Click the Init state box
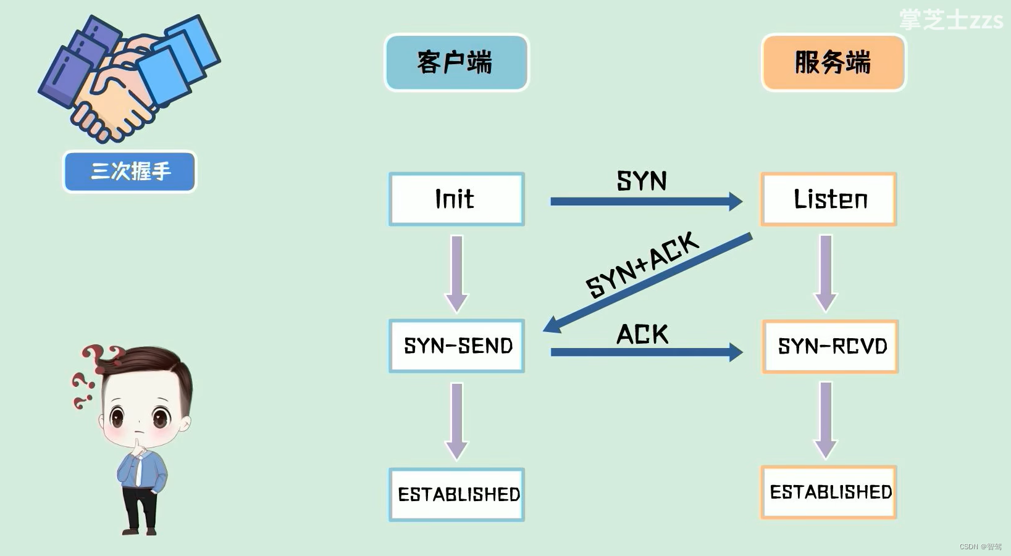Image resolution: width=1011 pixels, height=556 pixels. click(x=456, y=199)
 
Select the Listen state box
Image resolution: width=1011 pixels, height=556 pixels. click(x=828, y=199)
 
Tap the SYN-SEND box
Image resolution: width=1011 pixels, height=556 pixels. click(x=456, y=346)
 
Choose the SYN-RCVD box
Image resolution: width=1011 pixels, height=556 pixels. click(x=830, y=346)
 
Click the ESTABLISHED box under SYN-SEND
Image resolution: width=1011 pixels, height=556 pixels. click(x=456, y=494)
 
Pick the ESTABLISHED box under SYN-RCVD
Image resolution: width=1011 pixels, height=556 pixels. click(x=829, y=492)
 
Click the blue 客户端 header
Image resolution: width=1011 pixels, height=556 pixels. click(x=456, y=62)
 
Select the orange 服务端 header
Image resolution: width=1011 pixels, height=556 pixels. click(x=833, y=62)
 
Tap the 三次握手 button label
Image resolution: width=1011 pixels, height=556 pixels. click(x=130, y=171)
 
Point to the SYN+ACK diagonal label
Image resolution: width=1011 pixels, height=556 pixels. click(x=642, y=265)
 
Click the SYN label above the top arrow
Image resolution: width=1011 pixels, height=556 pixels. click(x=642, y=181)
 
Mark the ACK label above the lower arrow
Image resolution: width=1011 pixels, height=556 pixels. click(x=642, y=334)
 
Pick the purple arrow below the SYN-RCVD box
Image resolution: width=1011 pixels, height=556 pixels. click(x=826, y=420)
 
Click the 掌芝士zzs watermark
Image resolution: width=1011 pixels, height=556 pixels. click(x=950, y=20)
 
